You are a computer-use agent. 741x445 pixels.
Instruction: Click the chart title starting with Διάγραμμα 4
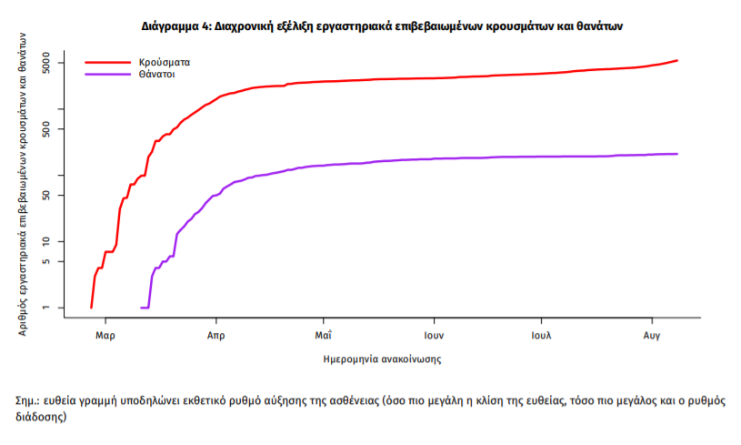[382, 27]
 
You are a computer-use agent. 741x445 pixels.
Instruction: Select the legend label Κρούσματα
[165, 63]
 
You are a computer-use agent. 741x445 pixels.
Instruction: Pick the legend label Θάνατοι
[157, 76]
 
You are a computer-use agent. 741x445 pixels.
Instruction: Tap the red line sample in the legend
[107, 63]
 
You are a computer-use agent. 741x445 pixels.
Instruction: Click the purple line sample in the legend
[107, 76]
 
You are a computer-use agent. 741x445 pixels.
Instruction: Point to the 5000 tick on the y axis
[53, 63]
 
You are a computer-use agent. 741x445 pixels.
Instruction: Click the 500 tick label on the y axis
[53, 129]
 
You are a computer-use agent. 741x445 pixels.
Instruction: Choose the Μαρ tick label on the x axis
[105, 335]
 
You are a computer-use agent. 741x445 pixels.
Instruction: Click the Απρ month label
[215, 335]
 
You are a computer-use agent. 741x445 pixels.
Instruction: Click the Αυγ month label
[651, 335]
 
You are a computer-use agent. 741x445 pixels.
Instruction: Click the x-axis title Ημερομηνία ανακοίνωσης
[382, 359]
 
